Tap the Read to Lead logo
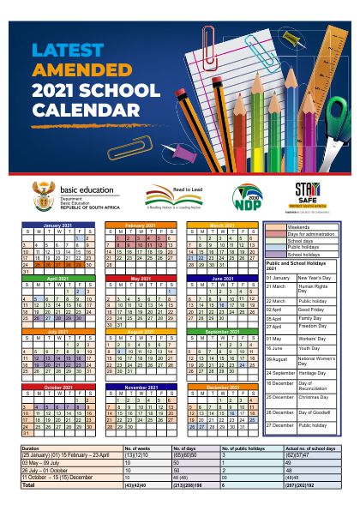click(x=172, y=195)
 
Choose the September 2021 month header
click(x=222, y=331)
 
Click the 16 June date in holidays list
click(x=276, y=349)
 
